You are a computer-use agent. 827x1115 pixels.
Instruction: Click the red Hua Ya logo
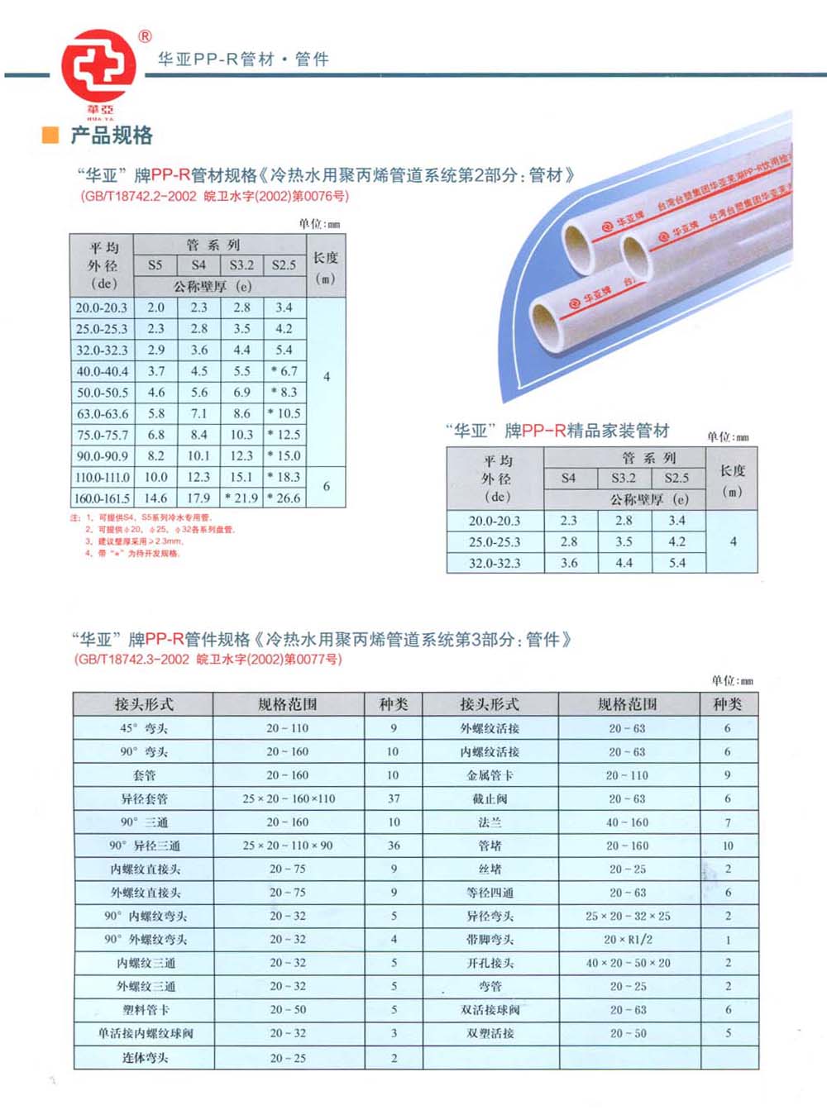click(x=98, y=67)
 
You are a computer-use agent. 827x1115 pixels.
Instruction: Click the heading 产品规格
click(x=111, y=135)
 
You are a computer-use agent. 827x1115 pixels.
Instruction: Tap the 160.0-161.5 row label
click(x=102, y=498)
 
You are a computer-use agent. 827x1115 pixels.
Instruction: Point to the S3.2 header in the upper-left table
click(x=241, y=265)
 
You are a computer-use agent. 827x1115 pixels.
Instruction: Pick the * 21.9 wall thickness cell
click(x=241, y=498)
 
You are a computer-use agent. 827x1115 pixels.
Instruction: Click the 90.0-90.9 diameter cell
click(x=102, y=455)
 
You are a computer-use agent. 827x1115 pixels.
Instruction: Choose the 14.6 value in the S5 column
click(x=155, y=498)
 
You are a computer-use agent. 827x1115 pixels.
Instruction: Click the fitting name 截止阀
click(x=490, y=798)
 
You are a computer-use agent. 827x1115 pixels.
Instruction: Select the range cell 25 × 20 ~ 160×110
click(x=289, y=798)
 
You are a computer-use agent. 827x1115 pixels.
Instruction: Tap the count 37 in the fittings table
click(x=394, y=798)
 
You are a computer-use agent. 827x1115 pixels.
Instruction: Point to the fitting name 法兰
click(x=490, y=822)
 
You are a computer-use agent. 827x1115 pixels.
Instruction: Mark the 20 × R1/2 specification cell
click(x=628, y=940)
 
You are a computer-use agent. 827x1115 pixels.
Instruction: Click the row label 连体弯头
click(x=145, y=1058)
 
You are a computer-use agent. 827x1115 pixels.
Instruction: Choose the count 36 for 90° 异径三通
click(x=394, y=846)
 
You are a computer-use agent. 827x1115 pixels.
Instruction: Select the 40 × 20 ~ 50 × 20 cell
click(x=628, y=963)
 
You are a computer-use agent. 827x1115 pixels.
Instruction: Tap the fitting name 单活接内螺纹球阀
click(x=145, y=1033)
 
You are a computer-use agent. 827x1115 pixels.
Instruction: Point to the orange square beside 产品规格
click(x=50, y=135)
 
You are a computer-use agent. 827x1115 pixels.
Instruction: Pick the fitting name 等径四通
click(x=490, y=893)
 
